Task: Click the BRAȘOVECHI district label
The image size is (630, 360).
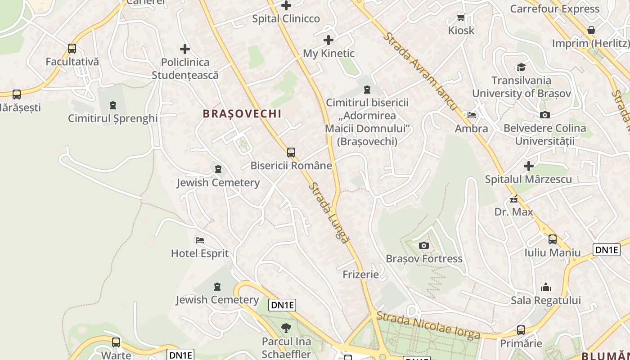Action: point(242,114)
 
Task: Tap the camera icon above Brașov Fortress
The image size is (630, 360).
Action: point(423,245)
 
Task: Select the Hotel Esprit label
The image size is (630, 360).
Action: point(200,253)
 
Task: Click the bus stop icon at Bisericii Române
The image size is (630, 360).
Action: point(291,152)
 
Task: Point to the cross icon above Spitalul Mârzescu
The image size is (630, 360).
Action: point(529,166)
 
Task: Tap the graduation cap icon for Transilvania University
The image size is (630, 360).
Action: point(521,67)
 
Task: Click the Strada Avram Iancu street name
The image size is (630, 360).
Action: point(420,72)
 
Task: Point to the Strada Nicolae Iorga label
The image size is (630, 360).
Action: point(428,325)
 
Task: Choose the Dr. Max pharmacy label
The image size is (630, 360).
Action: point(513,211)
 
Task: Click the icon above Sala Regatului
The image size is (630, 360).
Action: point(546,287)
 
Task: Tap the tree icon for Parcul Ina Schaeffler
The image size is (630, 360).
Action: point(286,328)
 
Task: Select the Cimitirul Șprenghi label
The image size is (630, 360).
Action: point(112,118)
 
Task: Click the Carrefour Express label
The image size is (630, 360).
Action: point(554,9)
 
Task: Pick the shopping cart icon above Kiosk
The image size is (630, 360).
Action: point(461,18)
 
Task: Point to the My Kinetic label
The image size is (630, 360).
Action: point(328,54)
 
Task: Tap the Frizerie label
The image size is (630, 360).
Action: point(360,274)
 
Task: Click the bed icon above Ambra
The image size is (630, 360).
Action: point(471,115)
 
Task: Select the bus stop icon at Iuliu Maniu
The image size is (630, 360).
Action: point(552,239)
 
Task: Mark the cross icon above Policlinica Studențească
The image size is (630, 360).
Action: point(185,49)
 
